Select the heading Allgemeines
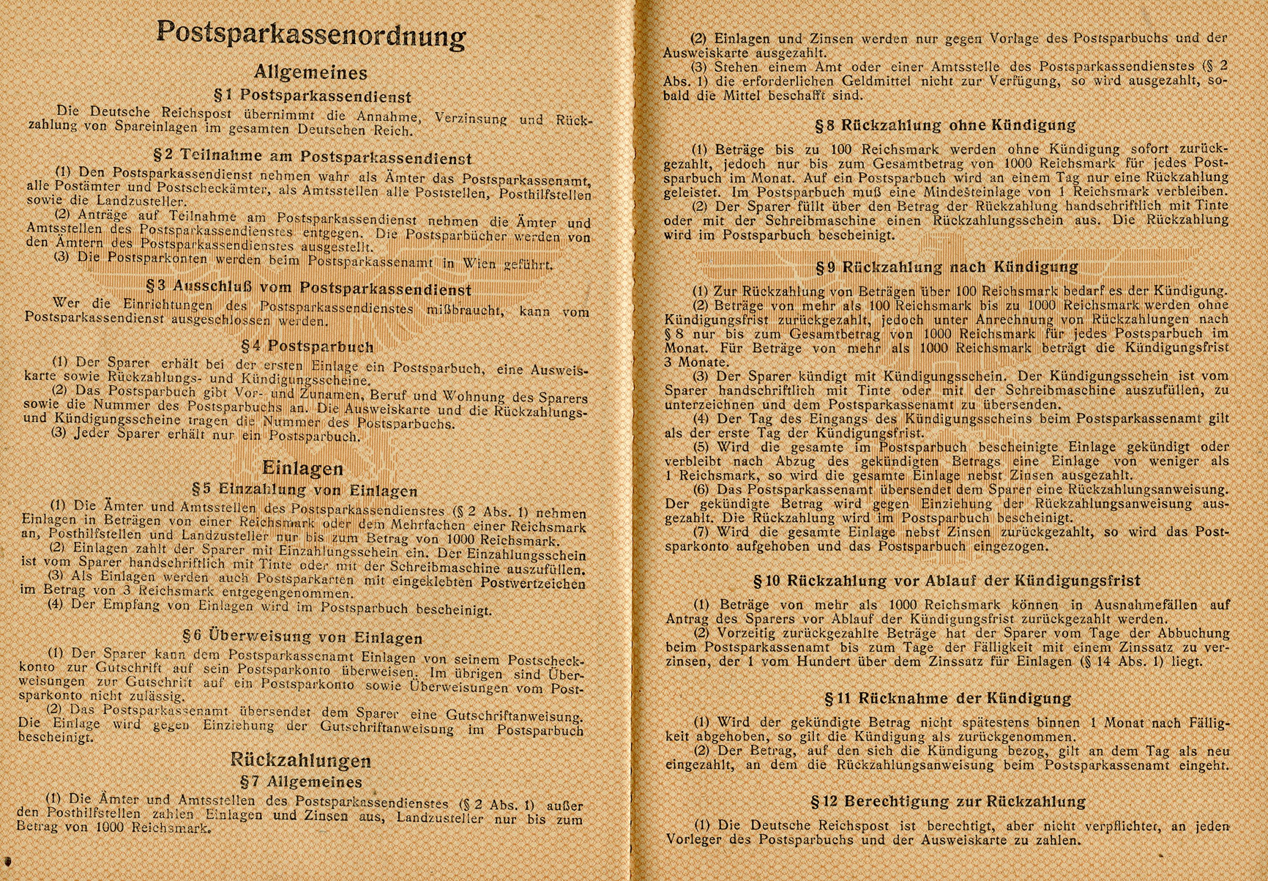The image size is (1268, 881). point(310,73)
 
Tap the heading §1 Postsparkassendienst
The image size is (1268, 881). point(312,96)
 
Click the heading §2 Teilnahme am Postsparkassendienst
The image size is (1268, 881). point(313,157)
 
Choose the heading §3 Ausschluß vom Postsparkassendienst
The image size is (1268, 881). point(313,289)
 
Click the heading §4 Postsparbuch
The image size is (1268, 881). point(307,346)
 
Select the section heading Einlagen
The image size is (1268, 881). point(302,468)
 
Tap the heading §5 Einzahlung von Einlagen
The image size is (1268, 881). point(304,490)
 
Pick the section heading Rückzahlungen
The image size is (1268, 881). point(300,760)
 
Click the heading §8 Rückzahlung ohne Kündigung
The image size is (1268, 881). point(946,124)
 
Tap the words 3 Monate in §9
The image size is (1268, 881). point(687,362)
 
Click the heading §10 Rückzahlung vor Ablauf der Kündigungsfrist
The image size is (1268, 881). point(947,581)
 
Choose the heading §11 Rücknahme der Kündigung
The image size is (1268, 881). point(947,699)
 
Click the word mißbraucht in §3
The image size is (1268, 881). point(464,310)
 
